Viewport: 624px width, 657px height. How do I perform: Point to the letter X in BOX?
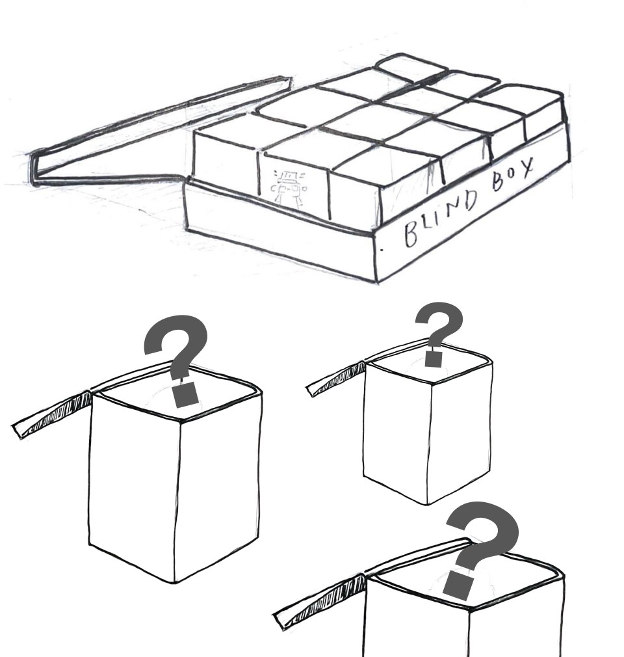[526, 167]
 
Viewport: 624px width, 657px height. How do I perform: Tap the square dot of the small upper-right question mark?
[434, 359]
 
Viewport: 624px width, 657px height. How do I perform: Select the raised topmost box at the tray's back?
[410, 66]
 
